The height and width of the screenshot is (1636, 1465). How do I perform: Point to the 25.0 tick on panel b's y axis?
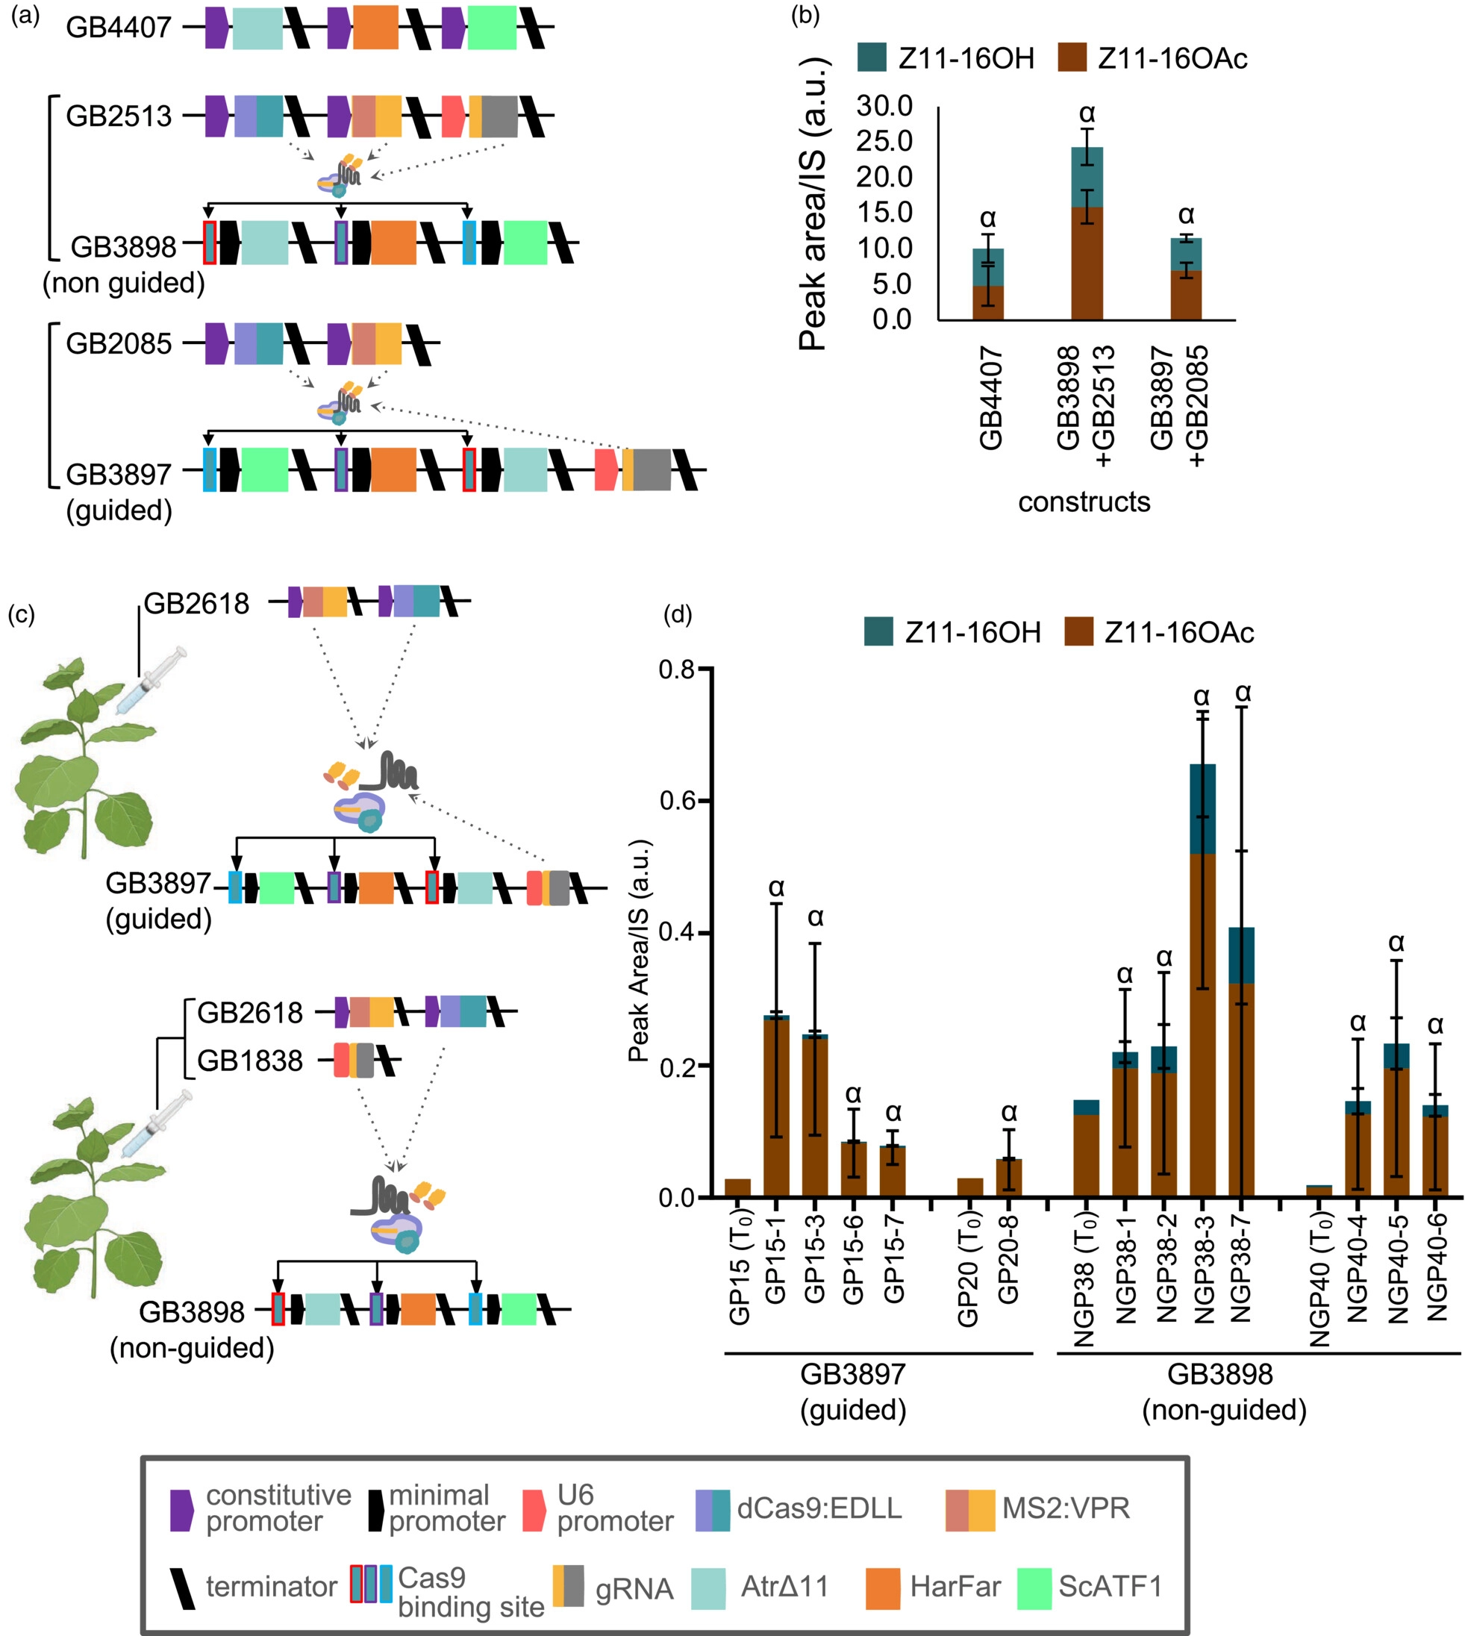(x=884, y=142)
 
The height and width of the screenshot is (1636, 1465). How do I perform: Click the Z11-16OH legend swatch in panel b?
(x=872, y=59)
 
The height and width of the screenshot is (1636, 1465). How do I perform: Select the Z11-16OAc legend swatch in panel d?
(x=1078, y=632)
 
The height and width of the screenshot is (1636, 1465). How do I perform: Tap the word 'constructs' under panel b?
(x=1084, y=502)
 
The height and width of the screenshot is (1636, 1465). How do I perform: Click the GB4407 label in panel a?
(x=119, y=28)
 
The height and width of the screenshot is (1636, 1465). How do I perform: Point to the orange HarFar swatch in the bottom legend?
(x=882, y=1587)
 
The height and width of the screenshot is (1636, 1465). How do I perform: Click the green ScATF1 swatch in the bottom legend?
(x=1034, y=1587)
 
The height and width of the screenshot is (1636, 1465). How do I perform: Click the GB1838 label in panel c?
(x=250, y=1061)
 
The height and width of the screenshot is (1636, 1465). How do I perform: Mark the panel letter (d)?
(x=678, y=613)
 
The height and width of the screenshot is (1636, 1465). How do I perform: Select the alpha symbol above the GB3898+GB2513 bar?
(x=1087, y=113)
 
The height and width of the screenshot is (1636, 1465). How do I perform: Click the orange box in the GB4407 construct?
(x=375, y=28)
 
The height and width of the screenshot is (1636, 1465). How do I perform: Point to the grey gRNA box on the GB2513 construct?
(x=500, y=116)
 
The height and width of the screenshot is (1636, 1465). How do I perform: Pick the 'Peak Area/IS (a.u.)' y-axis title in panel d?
(x=639, y=950)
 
